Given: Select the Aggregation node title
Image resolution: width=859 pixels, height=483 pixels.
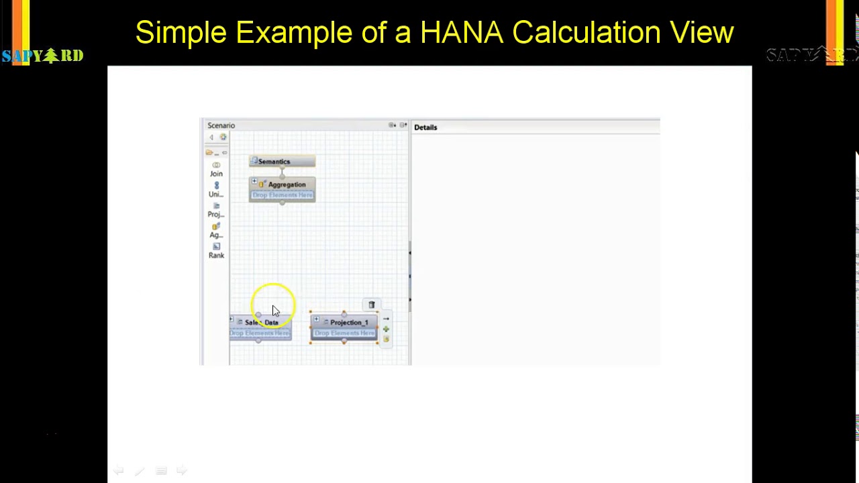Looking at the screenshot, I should click(287, 184).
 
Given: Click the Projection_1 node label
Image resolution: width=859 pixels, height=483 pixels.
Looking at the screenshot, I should click(349, 323).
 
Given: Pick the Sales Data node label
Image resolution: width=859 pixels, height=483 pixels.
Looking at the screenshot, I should click(261, 323).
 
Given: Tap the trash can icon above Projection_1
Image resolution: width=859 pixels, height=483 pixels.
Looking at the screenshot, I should click(371, 305).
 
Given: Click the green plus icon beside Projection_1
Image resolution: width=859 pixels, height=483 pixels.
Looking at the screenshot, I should click(386, 329).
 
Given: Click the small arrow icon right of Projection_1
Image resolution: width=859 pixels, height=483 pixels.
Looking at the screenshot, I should click(386, 319).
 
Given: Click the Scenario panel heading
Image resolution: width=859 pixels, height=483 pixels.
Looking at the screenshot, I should click(221, 125).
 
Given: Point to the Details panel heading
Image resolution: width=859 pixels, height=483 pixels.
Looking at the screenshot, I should click(425, 127).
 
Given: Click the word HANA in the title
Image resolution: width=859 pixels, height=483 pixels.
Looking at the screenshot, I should click(461, 32).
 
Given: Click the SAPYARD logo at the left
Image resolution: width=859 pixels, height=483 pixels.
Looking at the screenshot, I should click(42, 56).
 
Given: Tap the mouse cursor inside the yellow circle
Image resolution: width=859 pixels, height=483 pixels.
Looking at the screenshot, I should click(275, 311).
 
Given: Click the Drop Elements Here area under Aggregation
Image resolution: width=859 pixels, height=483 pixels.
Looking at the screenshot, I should click(283, 195).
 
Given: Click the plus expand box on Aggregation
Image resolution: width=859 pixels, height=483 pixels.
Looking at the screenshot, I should click(254, 182).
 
